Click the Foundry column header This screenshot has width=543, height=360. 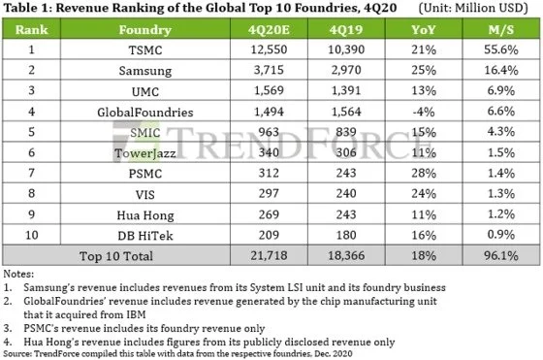tap(145, 30)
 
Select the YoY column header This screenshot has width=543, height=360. tap(423, 30)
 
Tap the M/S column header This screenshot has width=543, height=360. tap(500, 30)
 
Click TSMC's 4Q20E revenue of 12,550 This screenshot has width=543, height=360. tap(269, 49)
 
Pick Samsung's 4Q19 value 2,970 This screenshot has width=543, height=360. tap(346, 70)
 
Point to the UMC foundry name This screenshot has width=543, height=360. tap(145, 91)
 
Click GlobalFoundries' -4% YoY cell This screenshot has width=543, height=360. tap(423, 112)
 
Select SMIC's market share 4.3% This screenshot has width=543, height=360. tap(500, 132)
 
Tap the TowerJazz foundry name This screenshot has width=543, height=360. tap(145, 153)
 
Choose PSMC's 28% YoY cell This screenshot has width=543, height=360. tap(423, 173)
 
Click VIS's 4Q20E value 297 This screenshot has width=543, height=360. tap(269, 193)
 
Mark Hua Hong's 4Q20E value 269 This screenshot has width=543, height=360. tap(269, 214)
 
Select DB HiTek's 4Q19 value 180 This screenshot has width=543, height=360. tap(346, 235)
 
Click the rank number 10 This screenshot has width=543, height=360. tap(31, 235)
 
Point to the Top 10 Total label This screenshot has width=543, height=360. tap(116, 256)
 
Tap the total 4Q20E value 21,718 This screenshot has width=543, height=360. tap(269, 255)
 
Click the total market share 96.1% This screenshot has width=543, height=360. tap(500, 256)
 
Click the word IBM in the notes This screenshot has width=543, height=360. tap(136, 314)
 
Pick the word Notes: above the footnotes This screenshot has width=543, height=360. tap(18, 274)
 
